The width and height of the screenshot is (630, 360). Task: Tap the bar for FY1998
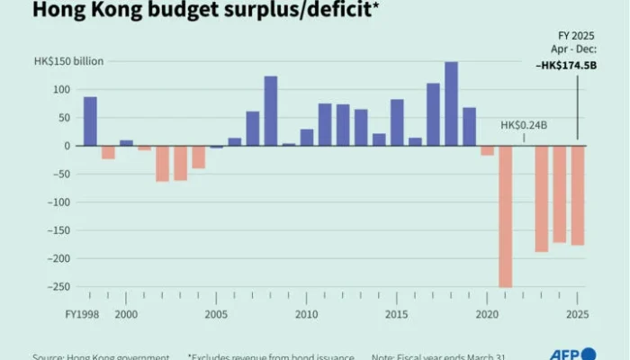(x=90, y=121)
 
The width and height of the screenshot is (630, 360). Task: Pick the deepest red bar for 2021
(x=505, y=216)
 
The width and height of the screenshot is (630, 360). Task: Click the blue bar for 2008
(x=270, y=111)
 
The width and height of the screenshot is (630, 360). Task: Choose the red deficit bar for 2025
(x=577, y=195)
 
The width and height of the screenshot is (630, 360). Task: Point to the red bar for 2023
(x=541, y=198)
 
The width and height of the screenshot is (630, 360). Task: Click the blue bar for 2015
(x=397, y=122)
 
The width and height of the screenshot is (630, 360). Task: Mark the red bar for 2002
(x=162, y=164)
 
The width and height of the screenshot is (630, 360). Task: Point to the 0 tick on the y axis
(x=66, y=146)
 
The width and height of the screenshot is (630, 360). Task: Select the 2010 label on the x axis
(x=306, y=315)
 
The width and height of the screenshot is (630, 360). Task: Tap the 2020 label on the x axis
(x=487, y=315)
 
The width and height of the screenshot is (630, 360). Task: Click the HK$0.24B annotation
(x=526, y=124)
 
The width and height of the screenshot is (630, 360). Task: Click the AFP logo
(x=572, y=354)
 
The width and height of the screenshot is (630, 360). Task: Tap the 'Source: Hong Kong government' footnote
(x=101, y=356)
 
